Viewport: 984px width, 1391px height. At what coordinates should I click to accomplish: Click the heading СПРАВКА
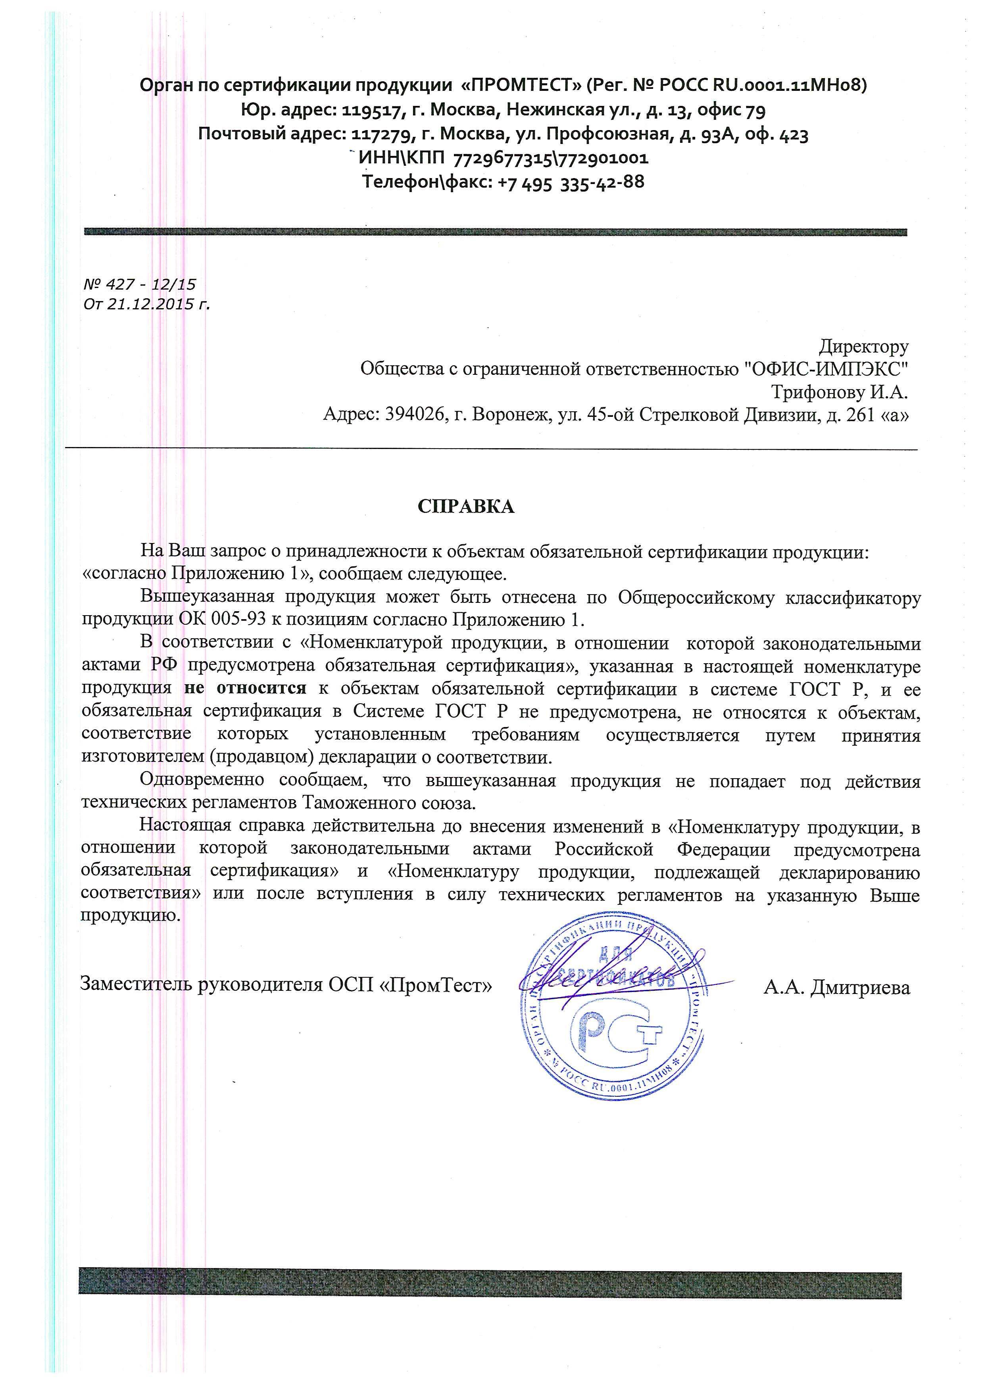point(465,507)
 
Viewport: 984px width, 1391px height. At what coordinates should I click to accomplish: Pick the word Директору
point(863,347)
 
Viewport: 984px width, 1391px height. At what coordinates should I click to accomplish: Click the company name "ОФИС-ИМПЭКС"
point(826,368)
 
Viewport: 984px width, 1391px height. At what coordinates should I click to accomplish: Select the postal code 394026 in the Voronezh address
point(415,415)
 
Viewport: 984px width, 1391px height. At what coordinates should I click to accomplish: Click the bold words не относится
point(245,689)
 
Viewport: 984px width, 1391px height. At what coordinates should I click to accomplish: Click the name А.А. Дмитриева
point(837,988)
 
